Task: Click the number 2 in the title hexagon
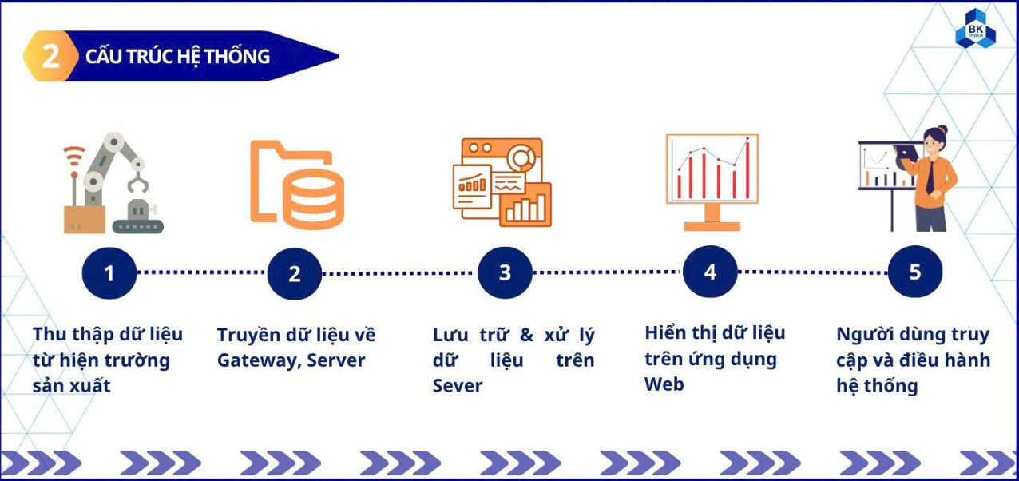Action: coord(50,56)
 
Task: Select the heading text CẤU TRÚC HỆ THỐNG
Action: coord(177,56)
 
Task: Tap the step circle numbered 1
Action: coord(109,272)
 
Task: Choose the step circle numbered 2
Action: coord(294,273)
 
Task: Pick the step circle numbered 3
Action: coord(505,272)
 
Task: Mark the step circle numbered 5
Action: coord(915,272)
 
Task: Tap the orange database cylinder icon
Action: coord(313,195)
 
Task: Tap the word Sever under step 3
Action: coord(458,386)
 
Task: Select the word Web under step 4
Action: coord(664,384)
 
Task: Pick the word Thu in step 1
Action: coord(50,333)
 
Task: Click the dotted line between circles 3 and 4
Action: coord(608,272)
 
